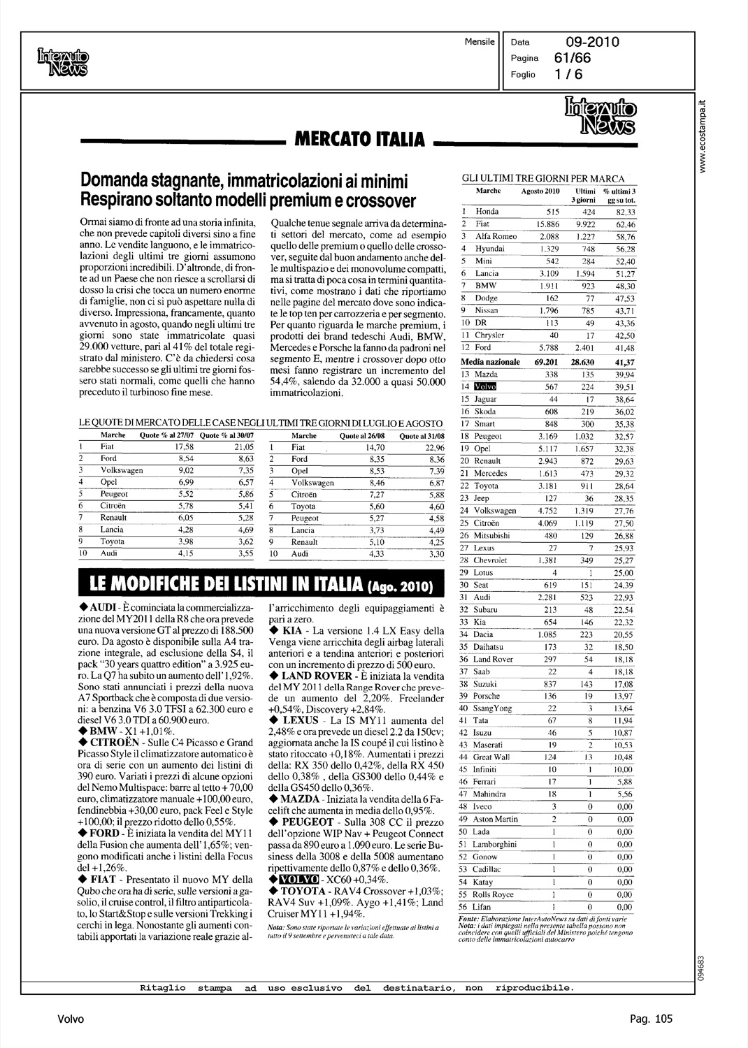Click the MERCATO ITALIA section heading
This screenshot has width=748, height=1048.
pos(357,140)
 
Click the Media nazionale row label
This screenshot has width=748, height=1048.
pos(491,362)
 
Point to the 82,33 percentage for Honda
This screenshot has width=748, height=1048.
pos(620,212)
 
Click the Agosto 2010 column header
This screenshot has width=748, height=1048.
pos(541,191)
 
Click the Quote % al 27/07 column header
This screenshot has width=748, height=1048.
pos(168,435)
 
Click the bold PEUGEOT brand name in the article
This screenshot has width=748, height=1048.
pos(308,822)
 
